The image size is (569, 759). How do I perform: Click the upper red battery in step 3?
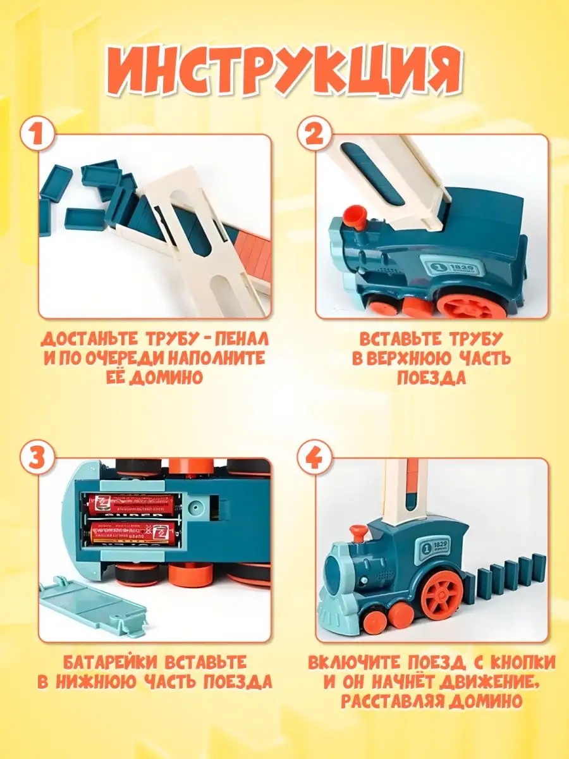click(x=132, y=505)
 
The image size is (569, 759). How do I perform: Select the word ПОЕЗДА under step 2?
click(x=432, y=378)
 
